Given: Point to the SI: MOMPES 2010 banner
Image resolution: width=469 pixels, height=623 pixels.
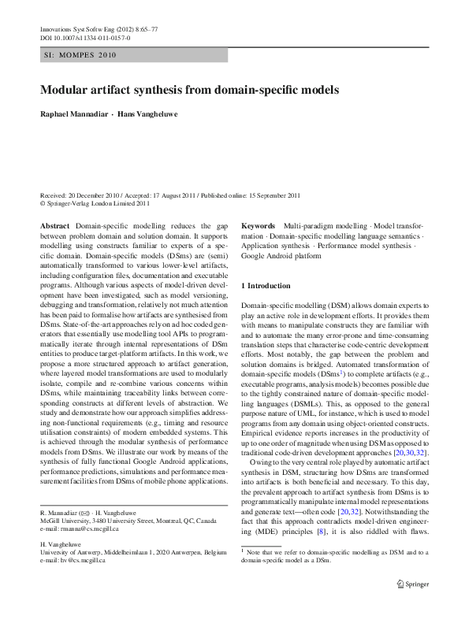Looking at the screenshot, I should pos(76,57).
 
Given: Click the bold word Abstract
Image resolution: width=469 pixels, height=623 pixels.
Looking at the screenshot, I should pos(54,225).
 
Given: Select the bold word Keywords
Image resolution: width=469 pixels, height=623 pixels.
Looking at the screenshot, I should pos(259,225).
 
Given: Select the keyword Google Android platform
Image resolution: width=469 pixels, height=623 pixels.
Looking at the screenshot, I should pos(277,256).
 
